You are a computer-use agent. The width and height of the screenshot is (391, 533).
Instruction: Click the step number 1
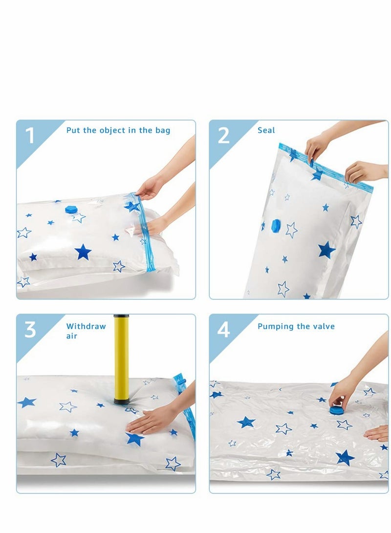30,135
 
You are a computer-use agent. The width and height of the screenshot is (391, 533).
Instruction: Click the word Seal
266,130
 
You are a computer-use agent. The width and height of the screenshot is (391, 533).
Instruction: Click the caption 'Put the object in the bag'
118,130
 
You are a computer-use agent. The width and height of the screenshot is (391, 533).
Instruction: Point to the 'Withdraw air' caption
86,331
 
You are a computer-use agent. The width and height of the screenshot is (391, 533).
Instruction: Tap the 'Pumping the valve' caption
296,326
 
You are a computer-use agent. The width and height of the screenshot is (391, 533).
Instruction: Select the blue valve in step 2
276,225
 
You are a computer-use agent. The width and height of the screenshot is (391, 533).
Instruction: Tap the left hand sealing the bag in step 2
317,147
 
